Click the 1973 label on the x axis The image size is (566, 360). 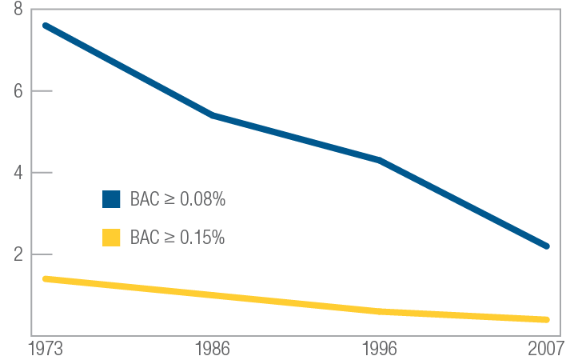pos(46,349)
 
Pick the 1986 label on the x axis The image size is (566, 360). pos(213,349)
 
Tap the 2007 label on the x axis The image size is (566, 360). pos(546,349)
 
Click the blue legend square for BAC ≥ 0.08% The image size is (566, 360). pos(111,199)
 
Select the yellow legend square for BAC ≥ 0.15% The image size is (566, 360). pos(111,238)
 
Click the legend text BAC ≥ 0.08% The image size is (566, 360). pos(177,199)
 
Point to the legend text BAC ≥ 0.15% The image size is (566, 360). pos(177,238)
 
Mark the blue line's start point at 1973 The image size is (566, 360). pos(46,26)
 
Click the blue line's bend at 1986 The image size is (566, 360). pos(213,115)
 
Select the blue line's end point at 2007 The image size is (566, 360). pos(547,246)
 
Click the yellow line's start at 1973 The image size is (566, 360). pos(46,278)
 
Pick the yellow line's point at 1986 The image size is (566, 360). pos(213,295)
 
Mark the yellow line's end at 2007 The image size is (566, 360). pos(547,319)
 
